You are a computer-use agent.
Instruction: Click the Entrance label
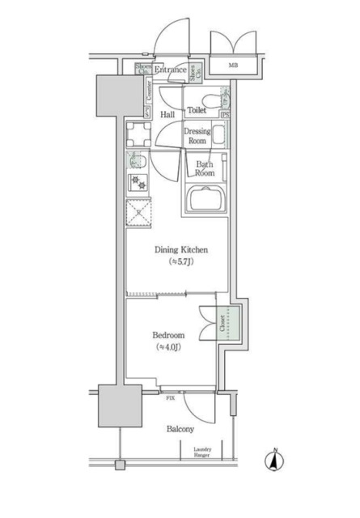point(172,71)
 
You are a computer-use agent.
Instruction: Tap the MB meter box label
point(233,66)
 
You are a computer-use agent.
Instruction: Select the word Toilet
point(197,109)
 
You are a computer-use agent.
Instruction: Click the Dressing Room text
point(197,135)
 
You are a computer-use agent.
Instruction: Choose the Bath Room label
point(204,168)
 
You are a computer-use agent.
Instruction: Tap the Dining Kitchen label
point(176,250)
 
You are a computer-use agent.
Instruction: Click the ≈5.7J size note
point(176,262)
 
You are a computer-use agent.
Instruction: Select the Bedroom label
point(169,335)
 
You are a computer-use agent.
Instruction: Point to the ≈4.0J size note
point(169,347)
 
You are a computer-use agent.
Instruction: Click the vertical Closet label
point(222,324)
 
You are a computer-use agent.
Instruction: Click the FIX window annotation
point(171,399)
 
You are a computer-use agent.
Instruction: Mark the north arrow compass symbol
point(274,462)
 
